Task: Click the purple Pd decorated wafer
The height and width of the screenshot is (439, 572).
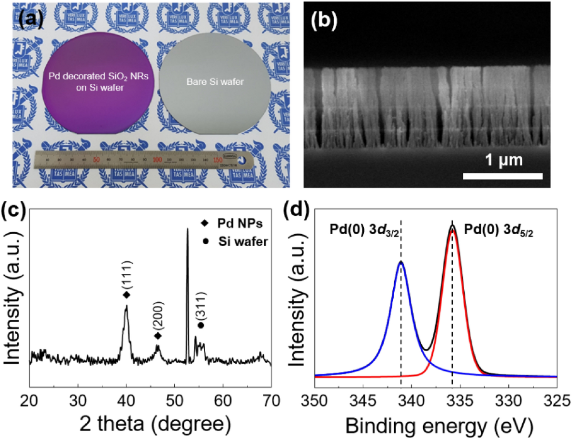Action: click(x=98, y=83)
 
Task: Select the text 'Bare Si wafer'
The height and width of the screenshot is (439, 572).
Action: click(x=215, y=82)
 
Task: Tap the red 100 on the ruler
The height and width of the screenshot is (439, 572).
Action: click(x=157, y=160)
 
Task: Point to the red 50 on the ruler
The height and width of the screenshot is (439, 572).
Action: click(x=96, y=160)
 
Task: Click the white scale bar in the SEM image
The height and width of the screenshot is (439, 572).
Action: click(x=502, y=176)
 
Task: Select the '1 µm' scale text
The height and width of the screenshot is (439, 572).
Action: click(x=504, y=160)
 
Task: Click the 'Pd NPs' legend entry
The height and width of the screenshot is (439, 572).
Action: click(x=240, y=223)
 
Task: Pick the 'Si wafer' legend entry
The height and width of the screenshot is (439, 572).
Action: click(x=243, y=241)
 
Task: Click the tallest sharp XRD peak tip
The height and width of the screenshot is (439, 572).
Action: click(x=187, y=229)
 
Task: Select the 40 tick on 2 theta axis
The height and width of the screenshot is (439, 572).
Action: click(x=126, y=401)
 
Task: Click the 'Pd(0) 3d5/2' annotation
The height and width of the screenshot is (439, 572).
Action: click(x=498, y=230)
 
